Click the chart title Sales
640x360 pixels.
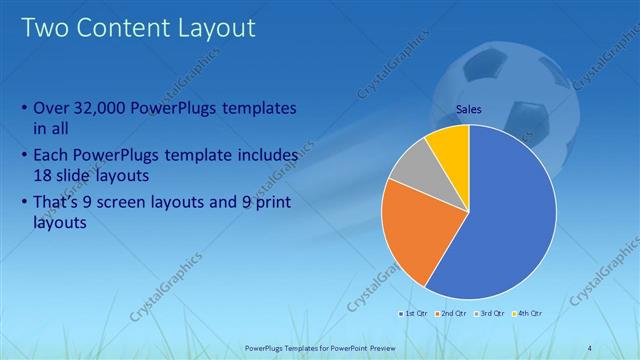[x=469, y=109]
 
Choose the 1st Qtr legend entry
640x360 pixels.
[x=414, y=314]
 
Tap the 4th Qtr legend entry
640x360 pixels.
[x=529, y=314]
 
